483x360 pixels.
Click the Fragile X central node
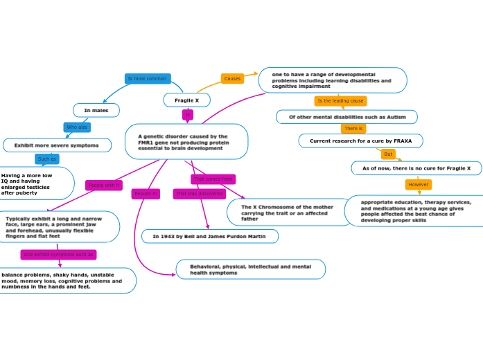[186, 100]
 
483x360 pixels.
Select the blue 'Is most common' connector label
[148, 79]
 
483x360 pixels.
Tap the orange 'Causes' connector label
[232, 79]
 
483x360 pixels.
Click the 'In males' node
[96, 110]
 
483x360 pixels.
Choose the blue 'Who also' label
[77, 127]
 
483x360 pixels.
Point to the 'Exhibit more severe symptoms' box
[57, 145]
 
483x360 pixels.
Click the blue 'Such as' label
[47, 159]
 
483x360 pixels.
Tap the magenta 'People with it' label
[104, 186]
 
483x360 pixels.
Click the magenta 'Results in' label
[146, 194]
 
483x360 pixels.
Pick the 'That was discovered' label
[200, 194]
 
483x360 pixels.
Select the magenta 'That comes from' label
[213, 179]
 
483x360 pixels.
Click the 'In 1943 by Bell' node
[209, 237]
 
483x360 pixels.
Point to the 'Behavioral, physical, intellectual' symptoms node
[250, 269]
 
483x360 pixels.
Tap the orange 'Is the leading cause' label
[340, 101]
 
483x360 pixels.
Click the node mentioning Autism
[346, 117]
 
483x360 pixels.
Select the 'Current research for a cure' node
[360, 141]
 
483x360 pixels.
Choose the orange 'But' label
[388, 154]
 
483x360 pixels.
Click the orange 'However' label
[419, 185]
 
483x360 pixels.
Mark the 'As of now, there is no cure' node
[416, 168]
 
